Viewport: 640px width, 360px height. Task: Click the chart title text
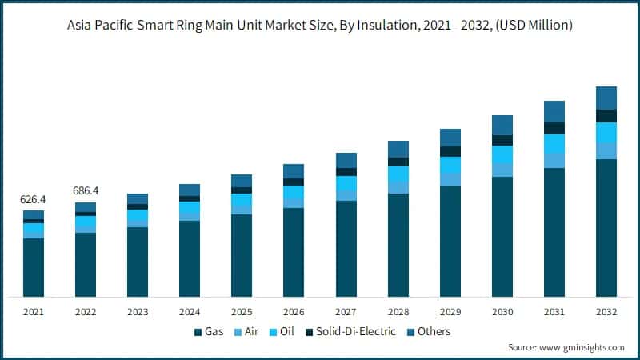click(320, 26)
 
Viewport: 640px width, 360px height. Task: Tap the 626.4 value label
click(34, 199)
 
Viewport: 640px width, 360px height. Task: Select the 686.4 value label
click(86, 191)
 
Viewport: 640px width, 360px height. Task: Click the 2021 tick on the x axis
click(34, 311)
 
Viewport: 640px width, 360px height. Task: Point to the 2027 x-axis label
click(346, 311)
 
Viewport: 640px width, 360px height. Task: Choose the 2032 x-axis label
click(606, 311)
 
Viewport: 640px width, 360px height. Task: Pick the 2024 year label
click(190, 311)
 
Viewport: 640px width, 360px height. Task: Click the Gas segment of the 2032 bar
click(606, 228)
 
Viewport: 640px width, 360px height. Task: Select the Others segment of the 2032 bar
click(606, 98)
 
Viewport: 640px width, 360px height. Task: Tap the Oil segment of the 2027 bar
click(346, 184)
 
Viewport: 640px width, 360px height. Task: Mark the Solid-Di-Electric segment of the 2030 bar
click(502, 140)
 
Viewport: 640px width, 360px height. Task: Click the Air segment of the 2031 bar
click(554, 161)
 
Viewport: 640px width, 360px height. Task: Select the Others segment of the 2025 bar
click(242, 181)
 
